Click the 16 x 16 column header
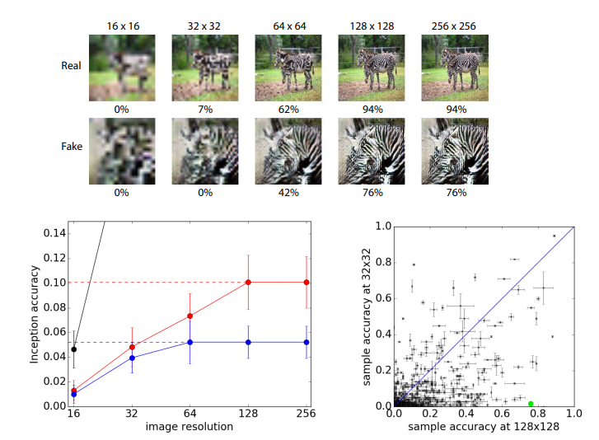point(122,26)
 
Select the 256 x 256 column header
point(454,26)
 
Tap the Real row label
point(72,65)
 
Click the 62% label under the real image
point(288,108)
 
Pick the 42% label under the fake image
point(288,193)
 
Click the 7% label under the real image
point(204,108)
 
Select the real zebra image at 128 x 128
point(371,67)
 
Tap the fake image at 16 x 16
point(122,151)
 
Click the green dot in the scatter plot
point(531,404)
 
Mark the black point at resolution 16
point(74,349)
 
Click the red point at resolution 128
point(247,283)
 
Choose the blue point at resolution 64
point(190,342)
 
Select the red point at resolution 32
point(132,347)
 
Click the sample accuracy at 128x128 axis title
point(484,427)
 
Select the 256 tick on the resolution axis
point(307,414)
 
